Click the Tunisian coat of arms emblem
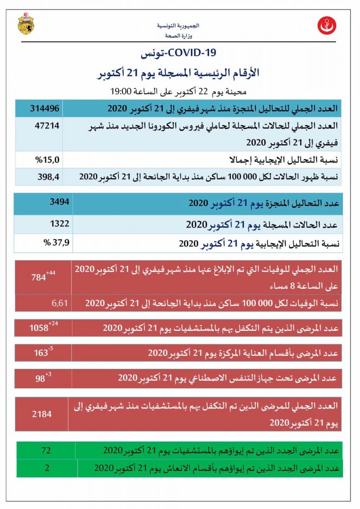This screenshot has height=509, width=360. [x=26, y=24]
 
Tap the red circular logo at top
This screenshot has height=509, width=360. [x=326, y=26]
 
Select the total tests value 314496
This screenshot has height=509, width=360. [x=44, y=109]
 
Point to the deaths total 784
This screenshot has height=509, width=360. [x=39, y=278]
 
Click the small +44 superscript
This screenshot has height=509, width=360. [x=51, y=273]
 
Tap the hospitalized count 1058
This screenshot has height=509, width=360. [x=39, y=328]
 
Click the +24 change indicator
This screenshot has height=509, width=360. [x=53, y=324]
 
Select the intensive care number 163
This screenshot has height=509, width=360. [x=41, y=352]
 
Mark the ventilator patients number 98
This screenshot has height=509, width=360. [x=40, y=379]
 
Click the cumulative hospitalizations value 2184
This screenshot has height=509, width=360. [x=41, y=414]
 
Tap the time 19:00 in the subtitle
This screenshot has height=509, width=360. [x=120, y=91]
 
